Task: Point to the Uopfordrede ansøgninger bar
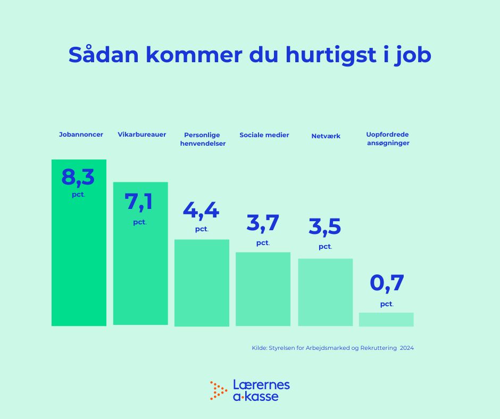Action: coord(386,319)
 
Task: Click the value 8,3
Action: coord(78,177)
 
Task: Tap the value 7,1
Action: coord(139,202)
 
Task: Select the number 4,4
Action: coord(201,210)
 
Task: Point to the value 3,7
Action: coord(263,223)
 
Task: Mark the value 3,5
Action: coord(325,227)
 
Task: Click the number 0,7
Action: coord(387,283)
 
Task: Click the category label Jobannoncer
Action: coord(81,135)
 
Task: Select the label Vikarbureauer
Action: coord(142,135)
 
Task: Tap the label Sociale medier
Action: coord(264,135)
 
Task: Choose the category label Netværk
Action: coord(326,136)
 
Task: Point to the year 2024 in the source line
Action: coord(407,348)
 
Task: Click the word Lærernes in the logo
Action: coord(262,385)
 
